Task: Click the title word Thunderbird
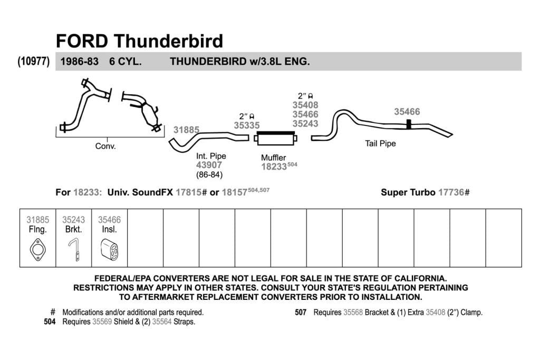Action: (169, 41)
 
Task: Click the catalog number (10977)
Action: (34, 61)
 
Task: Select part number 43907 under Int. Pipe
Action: (209, 165)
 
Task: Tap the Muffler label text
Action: (274, 158)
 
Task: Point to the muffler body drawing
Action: (275, 138)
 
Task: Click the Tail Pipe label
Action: (380, 143)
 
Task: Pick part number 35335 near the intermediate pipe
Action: (247, 125)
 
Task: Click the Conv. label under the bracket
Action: (105, 147)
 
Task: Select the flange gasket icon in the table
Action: (37, 249)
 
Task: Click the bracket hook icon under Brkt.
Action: (74, 249)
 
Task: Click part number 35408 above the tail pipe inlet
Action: (305, 105)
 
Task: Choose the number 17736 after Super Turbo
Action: (451, 192)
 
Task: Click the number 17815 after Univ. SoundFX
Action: (188, 192)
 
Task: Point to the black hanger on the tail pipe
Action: (409, 124)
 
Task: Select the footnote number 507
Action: (301, 313)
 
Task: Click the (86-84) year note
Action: (209, 175)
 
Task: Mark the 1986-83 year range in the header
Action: (80, 62)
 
